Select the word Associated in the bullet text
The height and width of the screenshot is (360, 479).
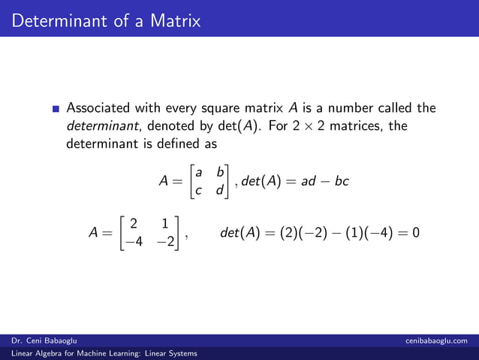(102, 108)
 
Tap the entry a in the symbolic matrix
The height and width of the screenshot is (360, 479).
(198, 173)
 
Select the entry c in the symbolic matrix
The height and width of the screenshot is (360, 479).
(198, 190)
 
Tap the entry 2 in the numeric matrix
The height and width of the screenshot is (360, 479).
(133, 223)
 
